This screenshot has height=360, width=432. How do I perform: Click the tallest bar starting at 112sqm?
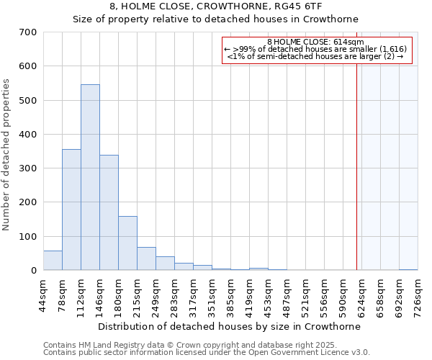(90, 177)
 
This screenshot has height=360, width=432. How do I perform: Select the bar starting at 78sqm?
(71, 210)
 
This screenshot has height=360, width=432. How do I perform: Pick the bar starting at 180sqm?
(127, 243)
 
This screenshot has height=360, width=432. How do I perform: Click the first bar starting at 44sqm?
(53, 260)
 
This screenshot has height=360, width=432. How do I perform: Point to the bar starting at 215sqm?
(146, 258)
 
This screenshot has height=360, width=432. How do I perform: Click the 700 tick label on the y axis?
(28, 32)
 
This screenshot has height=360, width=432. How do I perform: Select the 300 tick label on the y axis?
(28, 168)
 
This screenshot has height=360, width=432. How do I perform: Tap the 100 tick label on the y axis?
(28, 236)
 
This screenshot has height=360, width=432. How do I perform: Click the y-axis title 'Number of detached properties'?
(7, 156)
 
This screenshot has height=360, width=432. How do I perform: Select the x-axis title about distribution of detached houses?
(229, 326)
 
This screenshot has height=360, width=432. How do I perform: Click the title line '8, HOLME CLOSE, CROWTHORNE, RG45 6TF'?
(215, 6)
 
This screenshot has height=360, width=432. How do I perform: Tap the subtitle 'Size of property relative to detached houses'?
(215, 19)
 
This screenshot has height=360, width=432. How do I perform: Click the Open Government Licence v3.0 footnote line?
(207, 353)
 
